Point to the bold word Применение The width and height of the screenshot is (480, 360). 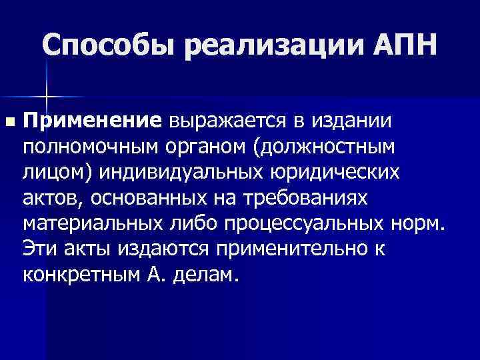[x=93, y=122]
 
